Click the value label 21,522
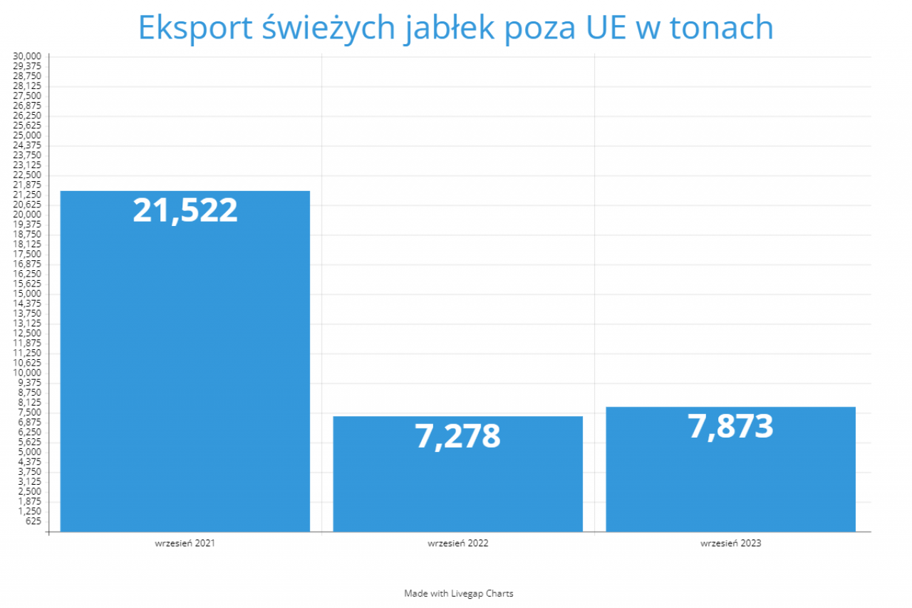tap(185, 211)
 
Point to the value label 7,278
tap(457, 436)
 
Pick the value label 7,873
tap(730, 426)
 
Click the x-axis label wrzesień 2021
tap(185, 543)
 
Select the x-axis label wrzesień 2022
tap(457, 543)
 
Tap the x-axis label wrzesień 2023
tap(730, 543)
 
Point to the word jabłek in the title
tap(443, 29)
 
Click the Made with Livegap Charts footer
tap(458, 593)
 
